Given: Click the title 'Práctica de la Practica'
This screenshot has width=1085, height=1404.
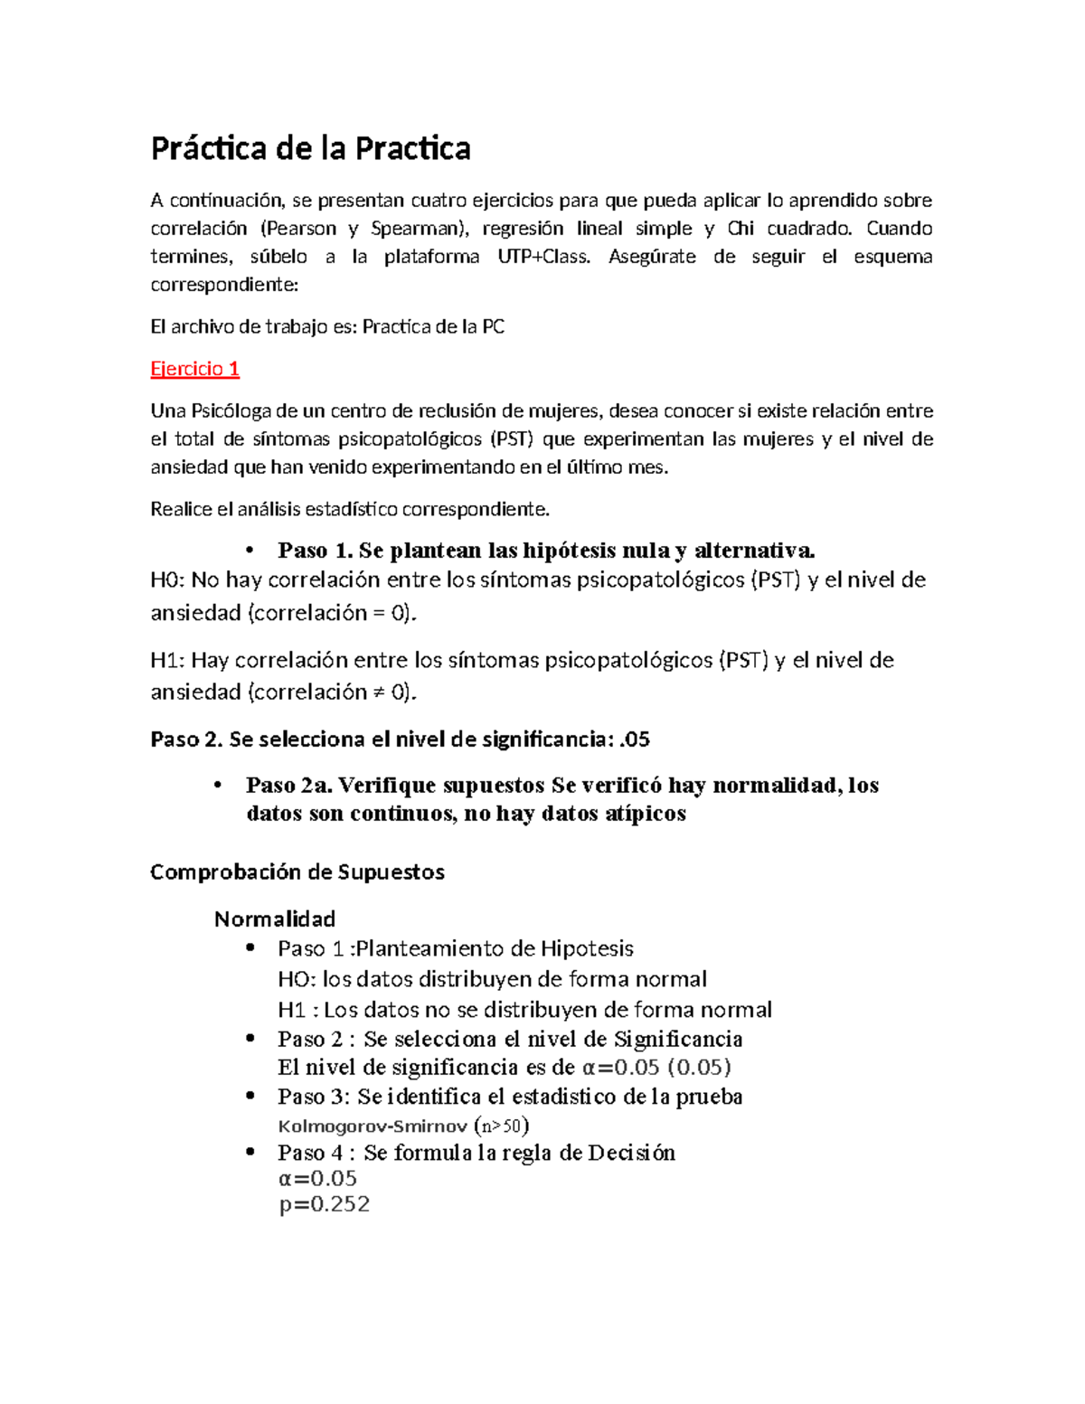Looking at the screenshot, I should [310, 149].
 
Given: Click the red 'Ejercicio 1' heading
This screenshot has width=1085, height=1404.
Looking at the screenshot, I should [194, 369].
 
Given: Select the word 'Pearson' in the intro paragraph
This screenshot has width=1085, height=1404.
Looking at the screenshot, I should [301, 229].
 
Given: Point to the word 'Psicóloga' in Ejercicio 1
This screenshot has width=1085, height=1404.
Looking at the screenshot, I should [231, 411].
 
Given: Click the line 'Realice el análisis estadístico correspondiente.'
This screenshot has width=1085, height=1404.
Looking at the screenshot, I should [349, 509].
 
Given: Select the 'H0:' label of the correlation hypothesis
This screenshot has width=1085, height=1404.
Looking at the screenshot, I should [167, 580].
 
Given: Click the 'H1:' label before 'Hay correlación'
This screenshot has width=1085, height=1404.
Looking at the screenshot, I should [167, 661].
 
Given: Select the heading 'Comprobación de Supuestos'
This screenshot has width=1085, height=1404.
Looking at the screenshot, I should [297, 872].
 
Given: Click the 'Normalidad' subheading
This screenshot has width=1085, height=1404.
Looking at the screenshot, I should [275, 919].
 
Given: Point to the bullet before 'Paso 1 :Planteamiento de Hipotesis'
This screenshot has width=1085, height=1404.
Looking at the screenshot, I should [250, 948].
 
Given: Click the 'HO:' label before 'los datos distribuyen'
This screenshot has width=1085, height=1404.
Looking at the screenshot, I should [296, 979].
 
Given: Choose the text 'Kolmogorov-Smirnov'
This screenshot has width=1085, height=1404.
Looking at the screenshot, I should [373, 1126].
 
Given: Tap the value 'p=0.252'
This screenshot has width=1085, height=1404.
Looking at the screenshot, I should [325, 1205].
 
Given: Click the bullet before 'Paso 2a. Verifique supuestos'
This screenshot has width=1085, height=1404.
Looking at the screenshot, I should [218, 786].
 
